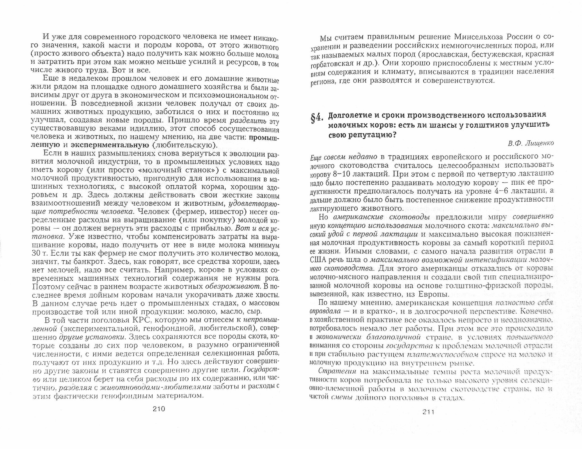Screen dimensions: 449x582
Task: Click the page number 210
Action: [x=159, y=409]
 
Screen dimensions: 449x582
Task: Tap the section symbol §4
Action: [x=317, y=119]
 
